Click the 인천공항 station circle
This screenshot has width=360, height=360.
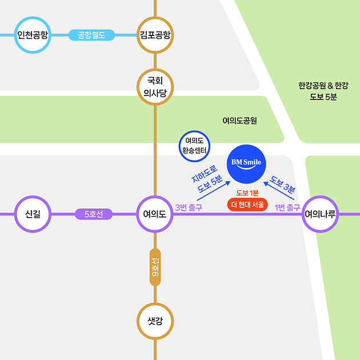coord(33,35)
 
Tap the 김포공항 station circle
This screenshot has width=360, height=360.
coord(155,35)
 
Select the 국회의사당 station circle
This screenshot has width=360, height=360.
coord(155,87)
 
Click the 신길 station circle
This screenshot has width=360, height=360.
coord(33,214)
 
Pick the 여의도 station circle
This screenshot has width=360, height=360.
coord(155,214)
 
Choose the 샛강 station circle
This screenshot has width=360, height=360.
coord(155,321)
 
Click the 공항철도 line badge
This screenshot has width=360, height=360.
coord(91,35)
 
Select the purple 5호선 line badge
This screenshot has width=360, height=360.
coord(94,214)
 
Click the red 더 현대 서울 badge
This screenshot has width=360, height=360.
coord(247,205)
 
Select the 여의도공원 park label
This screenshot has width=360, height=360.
coord(240,121)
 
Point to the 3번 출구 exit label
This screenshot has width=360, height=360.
coord(188,207)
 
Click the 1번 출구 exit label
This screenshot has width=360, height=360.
coord(287,207)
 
